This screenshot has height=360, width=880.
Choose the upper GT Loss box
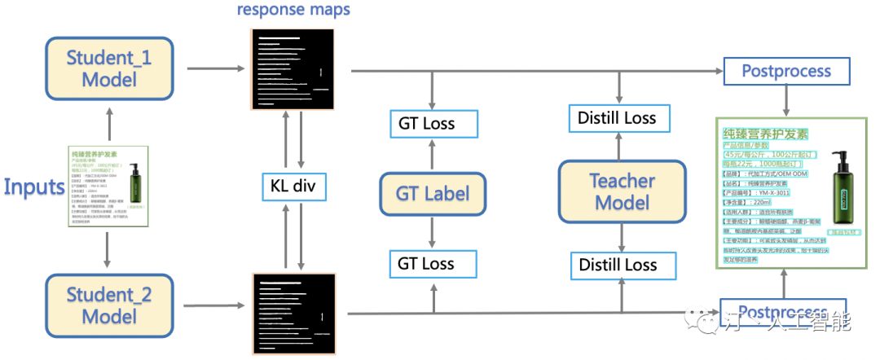click(x=426, y=124)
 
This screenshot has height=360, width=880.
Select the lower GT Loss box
click(x=426, y=263)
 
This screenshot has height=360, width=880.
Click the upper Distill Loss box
click(x=617, y=119)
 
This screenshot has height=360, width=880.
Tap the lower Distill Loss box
click(x=618, y=266)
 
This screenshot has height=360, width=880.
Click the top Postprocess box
click(x=785, y=71)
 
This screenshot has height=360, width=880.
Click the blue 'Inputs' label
click(x=34, y=187)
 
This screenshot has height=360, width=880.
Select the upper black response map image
click(x=293, y=68)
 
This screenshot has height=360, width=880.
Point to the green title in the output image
click(x=765, y=134)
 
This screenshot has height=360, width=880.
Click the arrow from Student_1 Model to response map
click(x=217, y=69)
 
